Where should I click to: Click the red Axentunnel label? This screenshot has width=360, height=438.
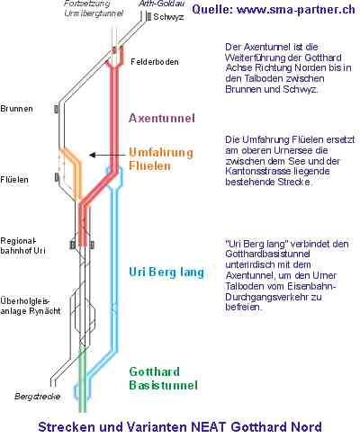162,118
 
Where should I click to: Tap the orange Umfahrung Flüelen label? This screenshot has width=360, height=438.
161,159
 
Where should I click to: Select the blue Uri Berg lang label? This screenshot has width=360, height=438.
166,273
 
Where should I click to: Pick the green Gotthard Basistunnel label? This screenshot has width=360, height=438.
164,379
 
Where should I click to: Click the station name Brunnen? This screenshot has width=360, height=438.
16,109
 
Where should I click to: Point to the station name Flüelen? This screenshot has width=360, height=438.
14,180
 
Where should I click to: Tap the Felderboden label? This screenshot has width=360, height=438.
155,62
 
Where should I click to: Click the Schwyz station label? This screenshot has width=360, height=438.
168,17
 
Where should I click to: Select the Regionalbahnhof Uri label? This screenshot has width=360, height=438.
22,246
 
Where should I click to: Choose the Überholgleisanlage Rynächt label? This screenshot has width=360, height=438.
31,306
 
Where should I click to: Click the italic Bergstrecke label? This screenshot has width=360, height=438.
38,397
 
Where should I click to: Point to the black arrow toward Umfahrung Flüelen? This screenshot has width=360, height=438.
108,155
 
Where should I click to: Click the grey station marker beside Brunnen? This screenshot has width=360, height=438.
56,109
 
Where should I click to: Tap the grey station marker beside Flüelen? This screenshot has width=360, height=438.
57,177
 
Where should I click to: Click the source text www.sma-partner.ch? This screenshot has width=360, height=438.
296,10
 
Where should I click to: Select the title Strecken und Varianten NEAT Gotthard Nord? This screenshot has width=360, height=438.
180,427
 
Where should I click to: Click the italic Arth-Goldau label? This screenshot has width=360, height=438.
162,4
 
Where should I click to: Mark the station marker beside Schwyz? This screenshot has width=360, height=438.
148,16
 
